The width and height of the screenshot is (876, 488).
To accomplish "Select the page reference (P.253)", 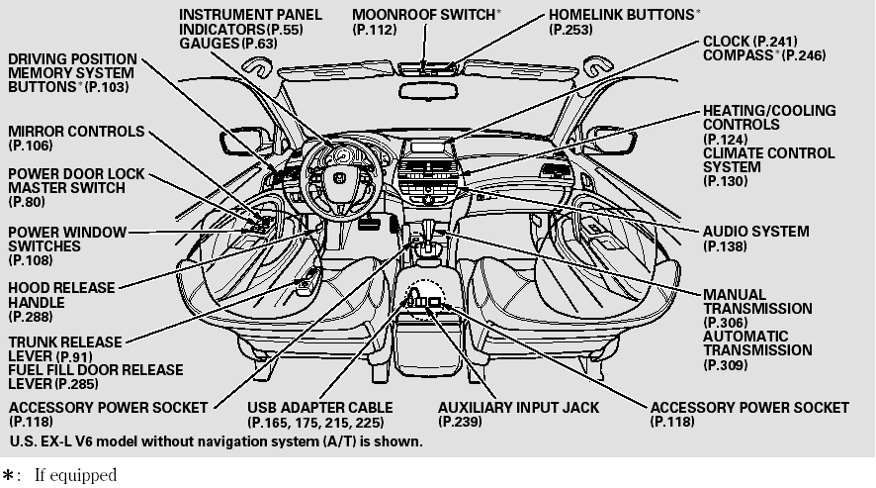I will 571,32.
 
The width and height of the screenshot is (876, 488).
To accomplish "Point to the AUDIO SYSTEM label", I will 755,232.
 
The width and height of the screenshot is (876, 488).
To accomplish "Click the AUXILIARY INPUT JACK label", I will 518,408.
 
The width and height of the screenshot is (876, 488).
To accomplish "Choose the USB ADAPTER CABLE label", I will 319,408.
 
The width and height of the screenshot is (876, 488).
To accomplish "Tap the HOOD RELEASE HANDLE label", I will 61,295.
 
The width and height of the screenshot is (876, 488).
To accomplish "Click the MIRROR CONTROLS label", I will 76,132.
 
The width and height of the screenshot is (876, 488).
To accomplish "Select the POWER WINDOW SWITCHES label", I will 67,239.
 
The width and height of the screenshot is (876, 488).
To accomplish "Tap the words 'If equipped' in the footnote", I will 75,476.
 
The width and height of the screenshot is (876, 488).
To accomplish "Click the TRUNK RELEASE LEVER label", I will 65,348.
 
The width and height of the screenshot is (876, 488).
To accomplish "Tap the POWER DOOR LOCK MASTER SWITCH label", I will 76,180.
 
